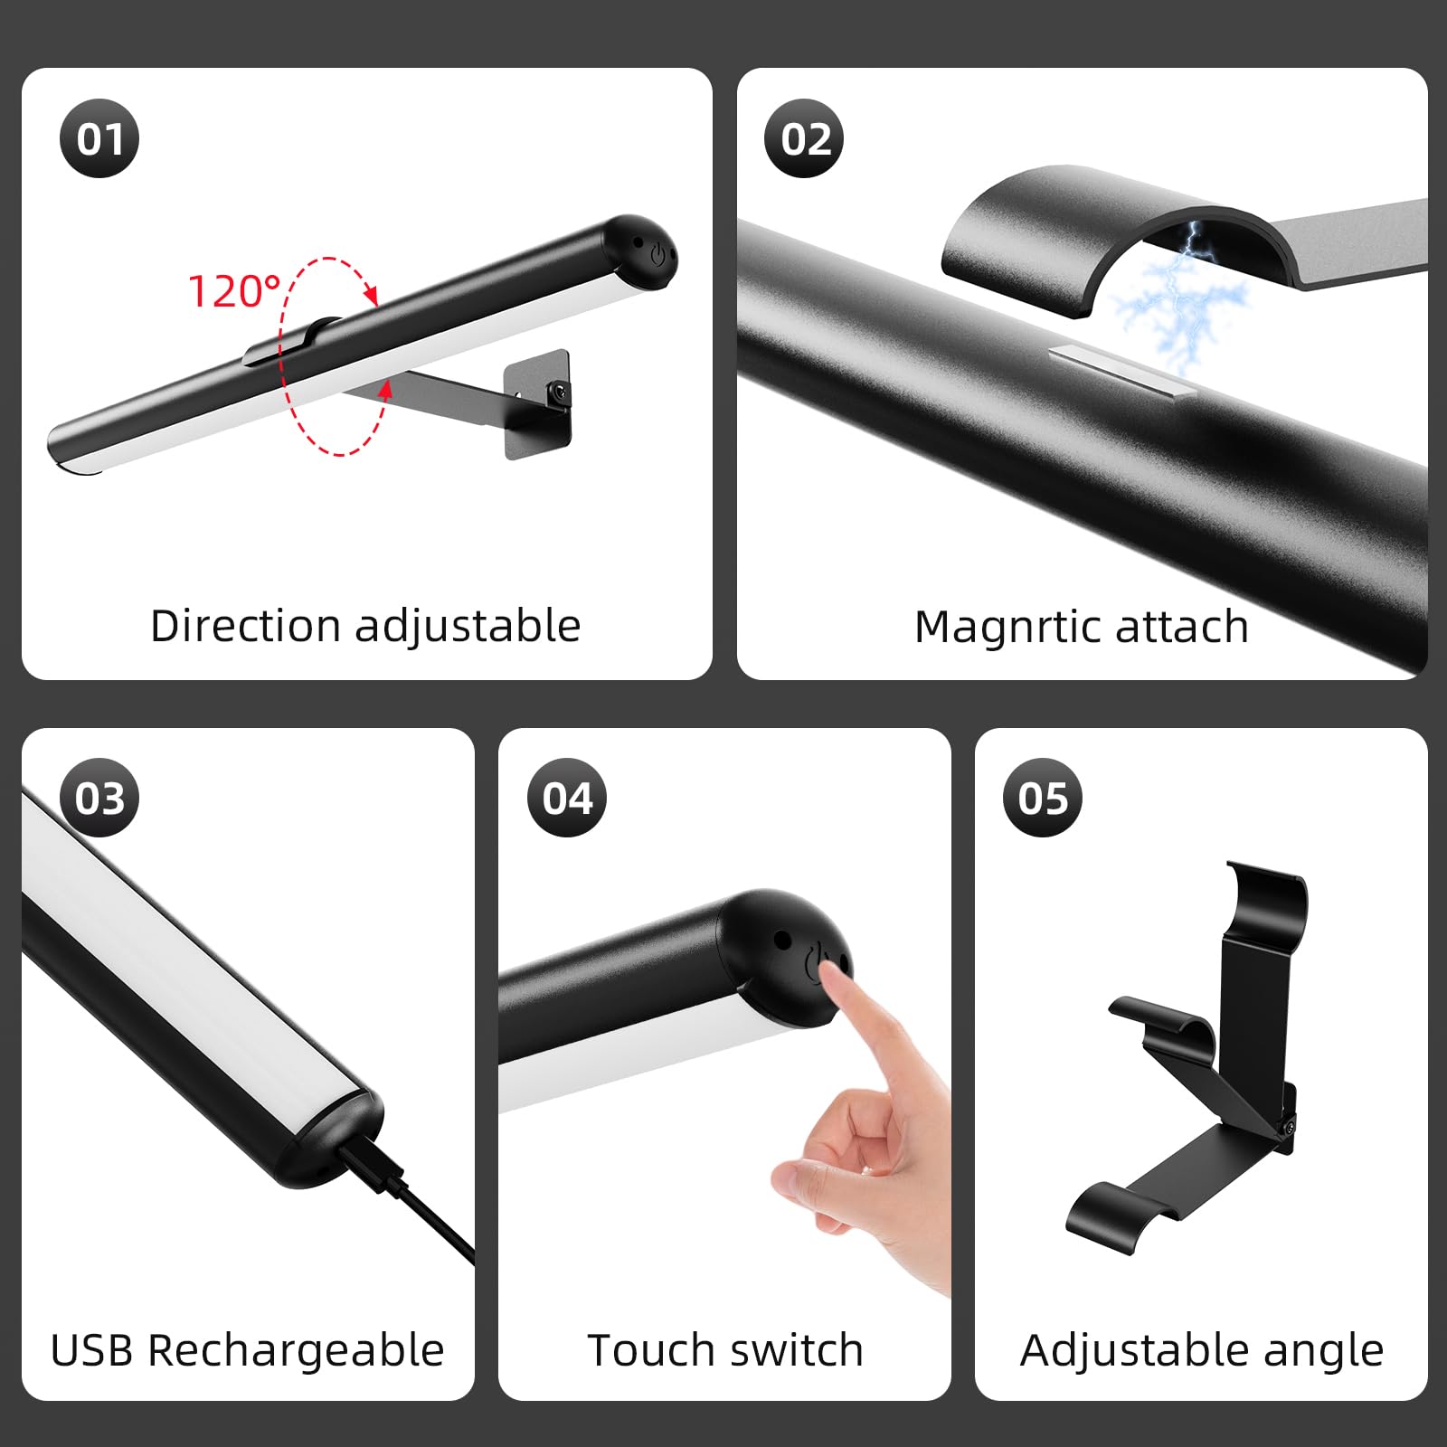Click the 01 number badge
[x=99, y=138]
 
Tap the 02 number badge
[x=804, y=138]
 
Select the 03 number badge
[x=99, y=798]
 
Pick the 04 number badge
[x=567, y=798]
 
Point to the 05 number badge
[x=1043, y=798]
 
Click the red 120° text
[x=234, y=291]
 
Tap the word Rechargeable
[x=295, y=1350]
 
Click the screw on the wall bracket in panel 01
[x=561, y=392]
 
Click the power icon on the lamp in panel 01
[x=657, y=255]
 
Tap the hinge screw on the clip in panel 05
[x=1288, y=1127]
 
